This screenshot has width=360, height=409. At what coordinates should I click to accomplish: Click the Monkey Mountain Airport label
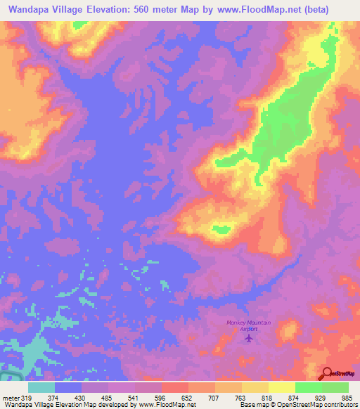click(x=247, y=325)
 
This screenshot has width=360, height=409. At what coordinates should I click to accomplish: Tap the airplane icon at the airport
click(x=248, y=337)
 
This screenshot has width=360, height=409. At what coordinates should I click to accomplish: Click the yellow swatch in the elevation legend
click(x=281, y=387)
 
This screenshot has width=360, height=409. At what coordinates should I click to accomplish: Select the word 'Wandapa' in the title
click(x=31, y=10)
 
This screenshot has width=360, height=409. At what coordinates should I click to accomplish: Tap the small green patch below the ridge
click(x=221, y=229)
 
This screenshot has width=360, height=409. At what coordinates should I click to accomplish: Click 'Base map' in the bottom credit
click(x=251, y=404)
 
